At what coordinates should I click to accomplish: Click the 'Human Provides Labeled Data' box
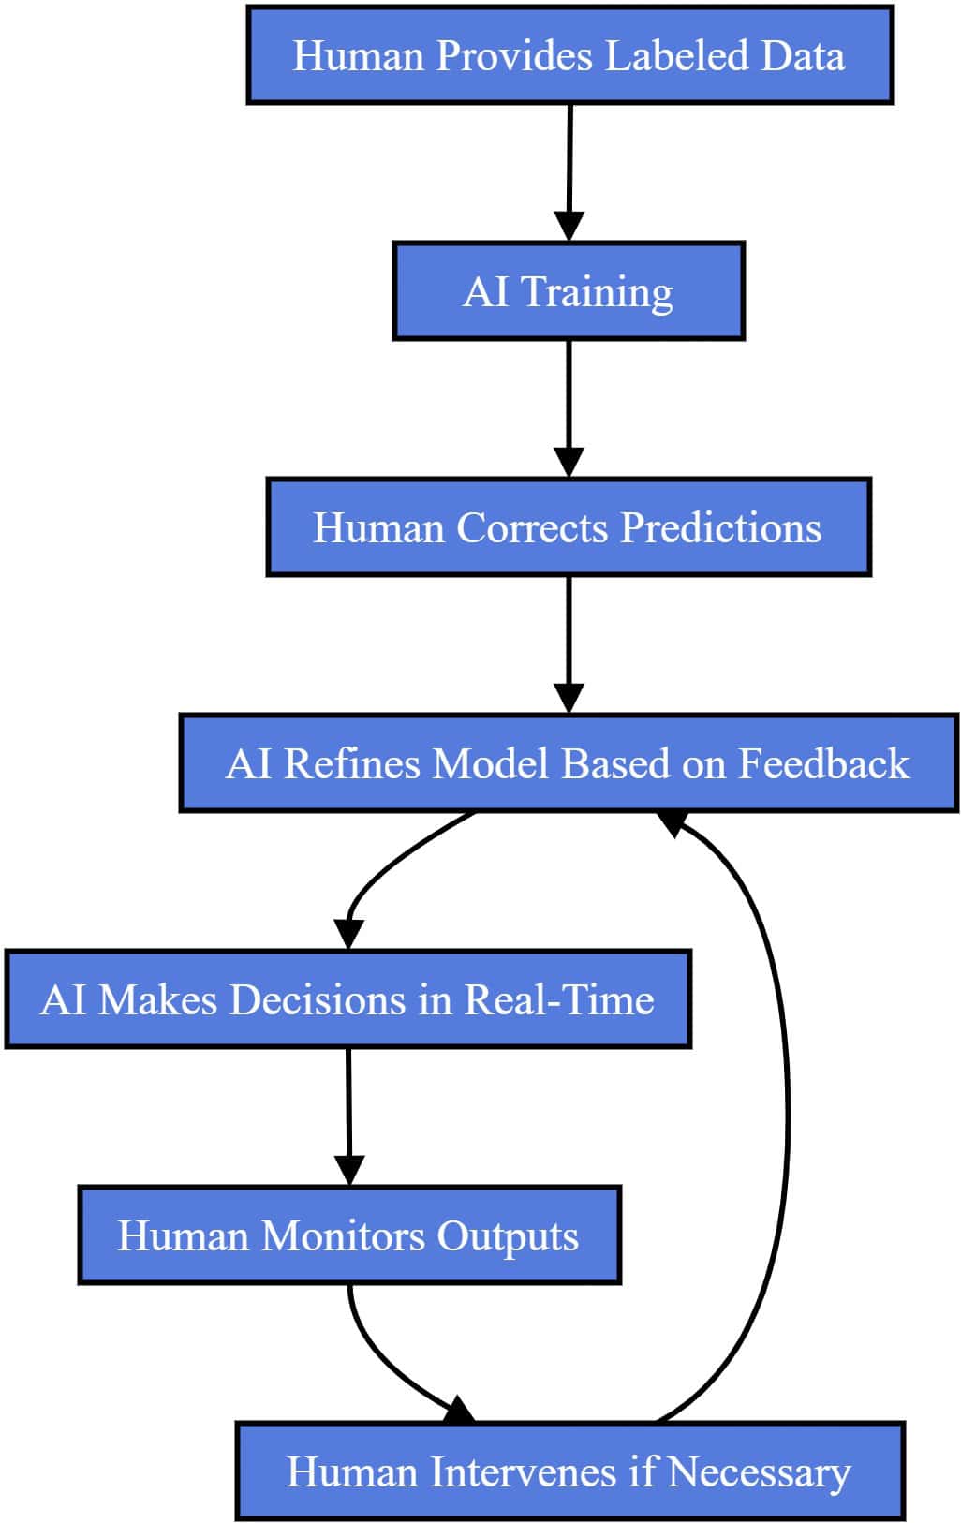(x=569, y=55)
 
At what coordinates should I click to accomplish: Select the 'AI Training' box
(x=568, y=291)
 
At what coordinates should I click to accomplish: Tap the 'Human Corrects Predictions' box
(x=568, y=527)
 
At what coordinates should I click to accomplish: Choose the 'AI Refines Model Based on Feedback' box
(x=568, y=763)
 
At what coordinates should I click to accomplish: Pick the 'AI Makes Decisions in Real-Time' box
(x=347, y=999)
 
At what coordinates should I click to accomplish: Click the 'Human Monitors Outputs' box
(x=348, y=1235)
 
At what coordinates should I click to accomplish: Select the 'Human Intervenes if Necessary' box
(x=569, y=1471)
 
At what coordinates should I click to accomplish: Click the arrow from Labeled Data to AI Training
(x=569, y=169)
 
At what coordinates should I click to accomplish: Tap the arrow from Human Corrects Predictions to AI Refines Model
(x=569, y=641)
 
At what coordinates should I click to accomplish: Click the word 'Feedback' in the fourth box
(x=823, y=763)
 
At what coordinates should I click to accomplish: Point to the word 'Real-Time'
(x=559, y=999)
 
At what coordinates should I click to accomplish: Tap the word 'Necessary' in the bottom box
(x=759, y=1472)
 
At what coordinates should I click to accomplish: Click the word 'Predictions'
(x=721, y=527)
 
